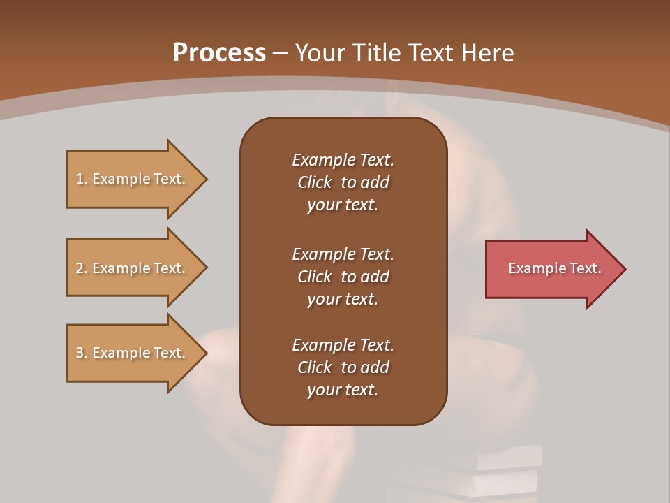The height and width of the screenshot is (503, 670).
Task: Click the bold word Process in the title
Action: coord(219,52)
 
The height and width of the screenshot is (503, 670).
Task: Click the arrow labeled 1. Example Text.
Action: coord(133,179)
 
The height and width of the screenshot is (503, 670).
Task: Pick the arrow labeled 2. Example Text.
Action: coord(133,268)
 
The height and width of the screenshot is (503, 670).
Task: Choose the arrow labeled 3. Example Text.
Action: coord(133,353)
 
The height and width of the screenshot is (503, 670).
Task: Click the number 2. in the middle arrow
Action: coord(82,268)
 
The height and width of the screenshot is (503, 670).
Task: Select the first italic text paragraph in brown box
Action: coord(343,182)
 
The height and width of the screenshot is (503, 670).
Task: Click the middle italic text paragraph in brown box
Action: coord(343,277)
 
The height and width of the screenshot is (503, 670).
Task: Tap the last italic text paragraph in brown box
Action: coord(343,367)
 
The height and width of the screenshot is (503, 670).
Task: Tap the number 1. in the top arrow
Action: coord(82,179)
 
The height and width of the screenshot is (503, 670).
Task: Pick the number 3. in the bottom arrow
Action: coord(82,353)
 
